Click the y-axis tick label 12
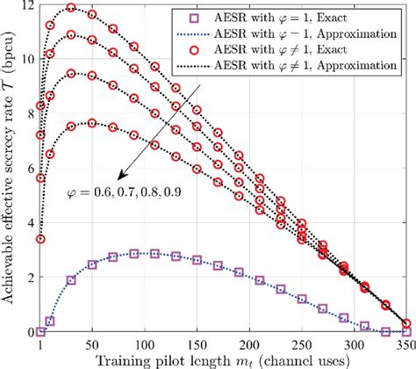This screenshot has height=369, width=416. point(29,6)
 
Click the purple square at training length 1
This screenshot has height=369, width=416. point(41,331)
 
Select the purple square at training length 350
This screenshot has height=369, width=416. point(405,331)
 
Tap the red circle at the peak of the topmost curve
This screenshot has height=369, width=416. point(71,9)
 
